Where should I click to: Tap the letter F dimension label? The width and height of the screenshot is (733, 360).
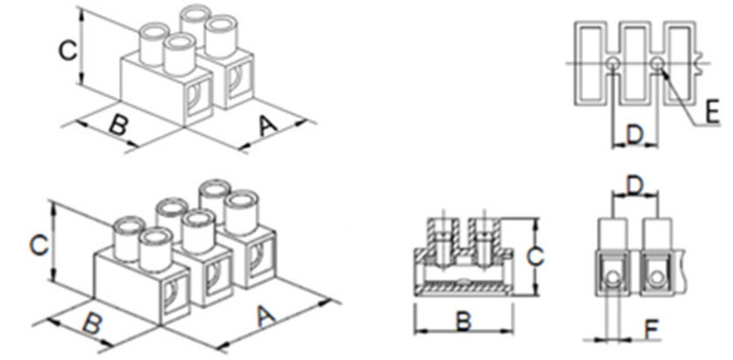652,329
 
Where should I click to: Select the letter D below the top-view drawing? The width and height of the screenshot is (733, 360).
635,135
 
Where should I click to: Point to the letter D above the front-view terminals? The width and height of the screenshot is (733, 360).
635,186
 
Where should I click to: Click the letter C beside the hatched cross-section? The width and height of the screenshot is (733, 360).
534,256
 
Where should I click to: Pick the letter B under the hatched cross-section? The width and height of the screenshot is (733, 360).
464,322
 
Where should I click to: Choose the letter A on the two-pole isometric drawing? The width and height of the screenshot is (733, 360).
268,125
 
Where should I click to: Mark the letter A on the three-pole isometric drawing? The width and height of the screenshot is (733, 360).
266,317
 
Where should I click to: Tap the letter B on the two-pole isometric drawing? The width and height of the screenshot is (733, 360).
117,124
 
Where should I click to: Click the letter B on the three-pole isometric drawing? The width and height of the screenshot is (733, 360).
93,322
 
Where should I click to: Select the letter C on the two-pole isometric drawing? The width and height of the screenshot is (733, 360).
68,50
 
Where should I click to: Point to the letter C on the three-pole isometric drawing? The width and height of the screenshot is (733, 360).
39,245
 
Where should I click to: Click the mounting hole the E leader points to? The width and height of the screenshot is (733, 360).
657,62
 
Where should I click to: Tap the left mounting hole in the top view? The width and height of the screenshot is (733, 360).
613,62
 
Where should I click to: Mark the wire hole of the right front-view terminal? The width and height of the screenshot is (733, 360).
657,278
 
